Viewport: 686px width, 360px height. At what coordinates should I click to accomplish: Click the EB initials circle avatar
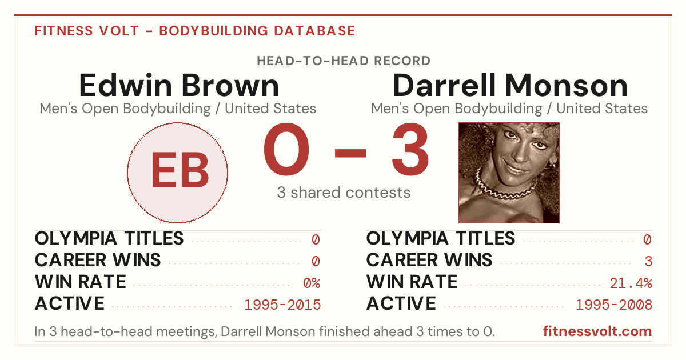(178, 173)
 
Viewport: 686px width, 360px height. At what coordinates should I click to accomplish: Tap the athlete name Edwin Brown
(179, 85)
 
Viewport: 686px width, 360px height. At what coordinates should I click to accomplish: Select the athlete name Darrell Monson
(510, 85)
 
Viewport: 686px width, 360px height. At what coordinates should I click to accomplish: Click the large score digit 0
(286, 149)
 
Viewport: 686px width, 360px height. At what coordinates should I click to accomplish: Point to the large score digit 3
(410, 149)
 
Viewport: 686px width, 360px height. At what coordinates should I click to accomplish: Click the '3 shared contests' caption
(344, 193)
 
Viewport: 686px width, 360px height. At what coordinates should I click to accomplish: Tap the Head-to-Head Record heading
(344, 61)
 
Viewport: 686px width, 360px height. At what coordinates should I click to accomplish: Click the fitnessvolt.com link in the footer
(597, 331)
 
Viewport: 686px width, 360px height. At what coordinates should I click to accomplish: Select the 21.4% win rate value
(631, 283)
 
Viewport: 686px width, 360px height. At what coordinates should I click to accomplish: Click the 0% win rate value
(312, 283)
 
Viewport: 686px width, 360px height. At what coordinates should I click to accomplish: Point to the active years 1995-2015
(282, 305)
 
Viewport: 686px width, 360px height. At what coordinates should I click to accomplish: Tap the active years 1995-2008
(614, 305)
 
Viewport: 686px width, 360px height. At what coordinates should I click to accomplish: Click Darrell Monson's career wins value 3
(648, 262)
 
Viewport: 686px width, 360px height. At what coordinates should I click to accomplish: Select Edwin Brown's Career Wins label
(98, 260)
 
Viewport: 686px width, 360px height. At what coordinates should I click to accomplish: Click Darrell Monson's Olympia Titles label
(441, 238)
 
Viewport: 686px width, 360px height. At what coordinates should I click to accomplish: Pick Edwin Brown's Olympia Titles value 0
(316, 239)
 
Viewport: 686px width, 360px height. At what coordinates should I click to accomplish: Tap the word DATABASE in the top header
(314, 31)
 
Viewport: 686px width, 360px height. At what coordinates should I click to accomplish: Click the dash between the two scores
(350, 153)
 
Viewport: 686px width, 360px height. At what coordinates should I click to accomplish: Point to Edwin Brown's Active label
(70, 303)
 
